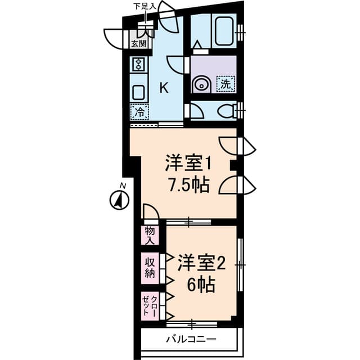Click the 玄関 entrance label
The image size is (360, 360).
pos(139,44)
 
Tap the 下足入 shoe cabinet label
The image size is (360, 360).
pos(145,6)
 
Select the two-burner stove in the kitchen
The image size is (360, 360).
pos(139,65)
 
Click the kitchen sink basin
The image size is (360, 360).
pos(139,92)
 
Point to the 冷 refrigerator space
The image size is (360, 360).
pos(139,112)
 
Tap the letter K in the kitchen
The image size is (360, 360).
pos(164,88)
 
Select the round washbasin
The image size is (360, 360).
pos(201,85)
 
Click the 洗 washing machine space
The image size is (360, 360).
pos(226,84)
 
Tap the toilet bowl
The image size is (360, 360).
pos(227,110)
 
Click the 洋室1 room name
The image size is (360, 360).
pos(188,163)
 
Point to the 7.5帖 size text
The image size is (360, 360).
pos(189,184)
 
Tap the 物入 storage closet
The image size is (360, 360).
pos(150,235)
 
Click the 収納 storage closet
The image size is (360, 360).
pos(150,268)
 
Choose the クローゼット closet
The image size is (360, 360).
pos(150,306)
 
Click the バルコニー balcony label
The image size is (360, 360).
pos(191,339)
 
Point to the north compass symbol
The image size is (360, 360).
pos(119,200)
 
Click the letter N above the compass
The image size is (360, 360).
pos(123,186)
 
